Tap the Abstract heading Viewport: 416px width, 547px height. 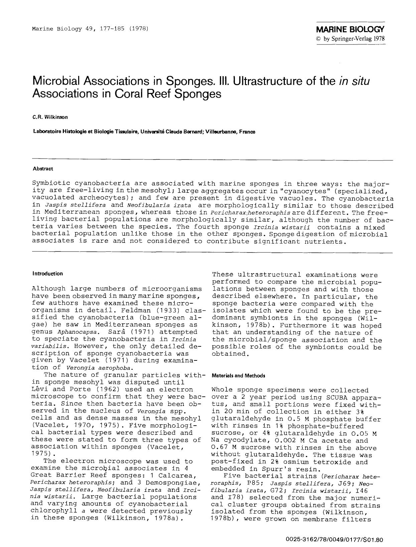click(43, 169)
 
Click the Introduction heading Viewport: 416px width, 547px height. click(48, 273)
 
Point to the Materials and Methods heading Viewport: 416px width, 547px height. click(239, 375)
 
